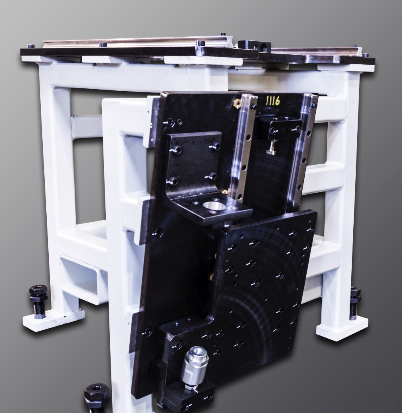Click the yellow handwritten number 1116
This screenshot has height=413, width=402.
coord(273,100)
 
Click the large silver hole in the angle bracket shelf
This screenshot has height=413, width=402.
coord(214,206)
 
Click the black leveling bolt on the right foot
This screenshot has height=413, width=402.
coord(355,303)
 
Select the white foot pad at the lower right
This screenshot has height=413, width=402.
coord(342,328)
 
